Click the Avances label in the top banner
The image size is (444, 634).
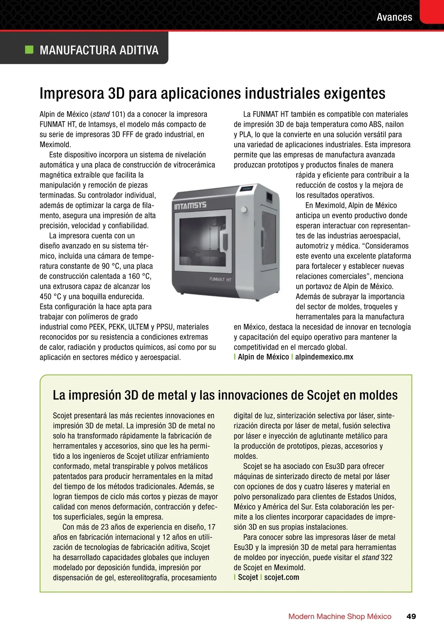click(x=394, y=17)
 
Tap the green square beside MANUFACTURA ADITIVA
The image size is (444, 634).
click(x=29, y=50)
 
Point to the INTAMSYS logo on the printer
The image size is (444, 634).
click(x=190, y=205)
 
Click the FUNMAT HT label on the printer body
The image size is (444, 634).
click(x=220, y=279)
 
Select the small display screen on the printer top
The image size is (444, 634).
click(x=246, y=189)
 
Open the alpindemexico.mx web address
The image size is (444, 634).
click(x=324, y=357)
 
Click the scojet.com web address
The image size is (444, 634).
click(x=282, y=577)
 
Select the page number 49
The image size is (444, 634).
click(x=411, y=616)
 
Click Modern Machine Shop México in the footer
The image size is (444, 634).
click(x=340, y=616)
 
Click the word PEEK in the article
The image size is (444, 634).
click(x=97, y=327)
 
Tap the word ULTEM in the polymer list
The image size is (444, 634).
click(x=138, y=327)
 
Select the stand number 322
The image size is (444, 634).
click(x=387, y=557)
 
